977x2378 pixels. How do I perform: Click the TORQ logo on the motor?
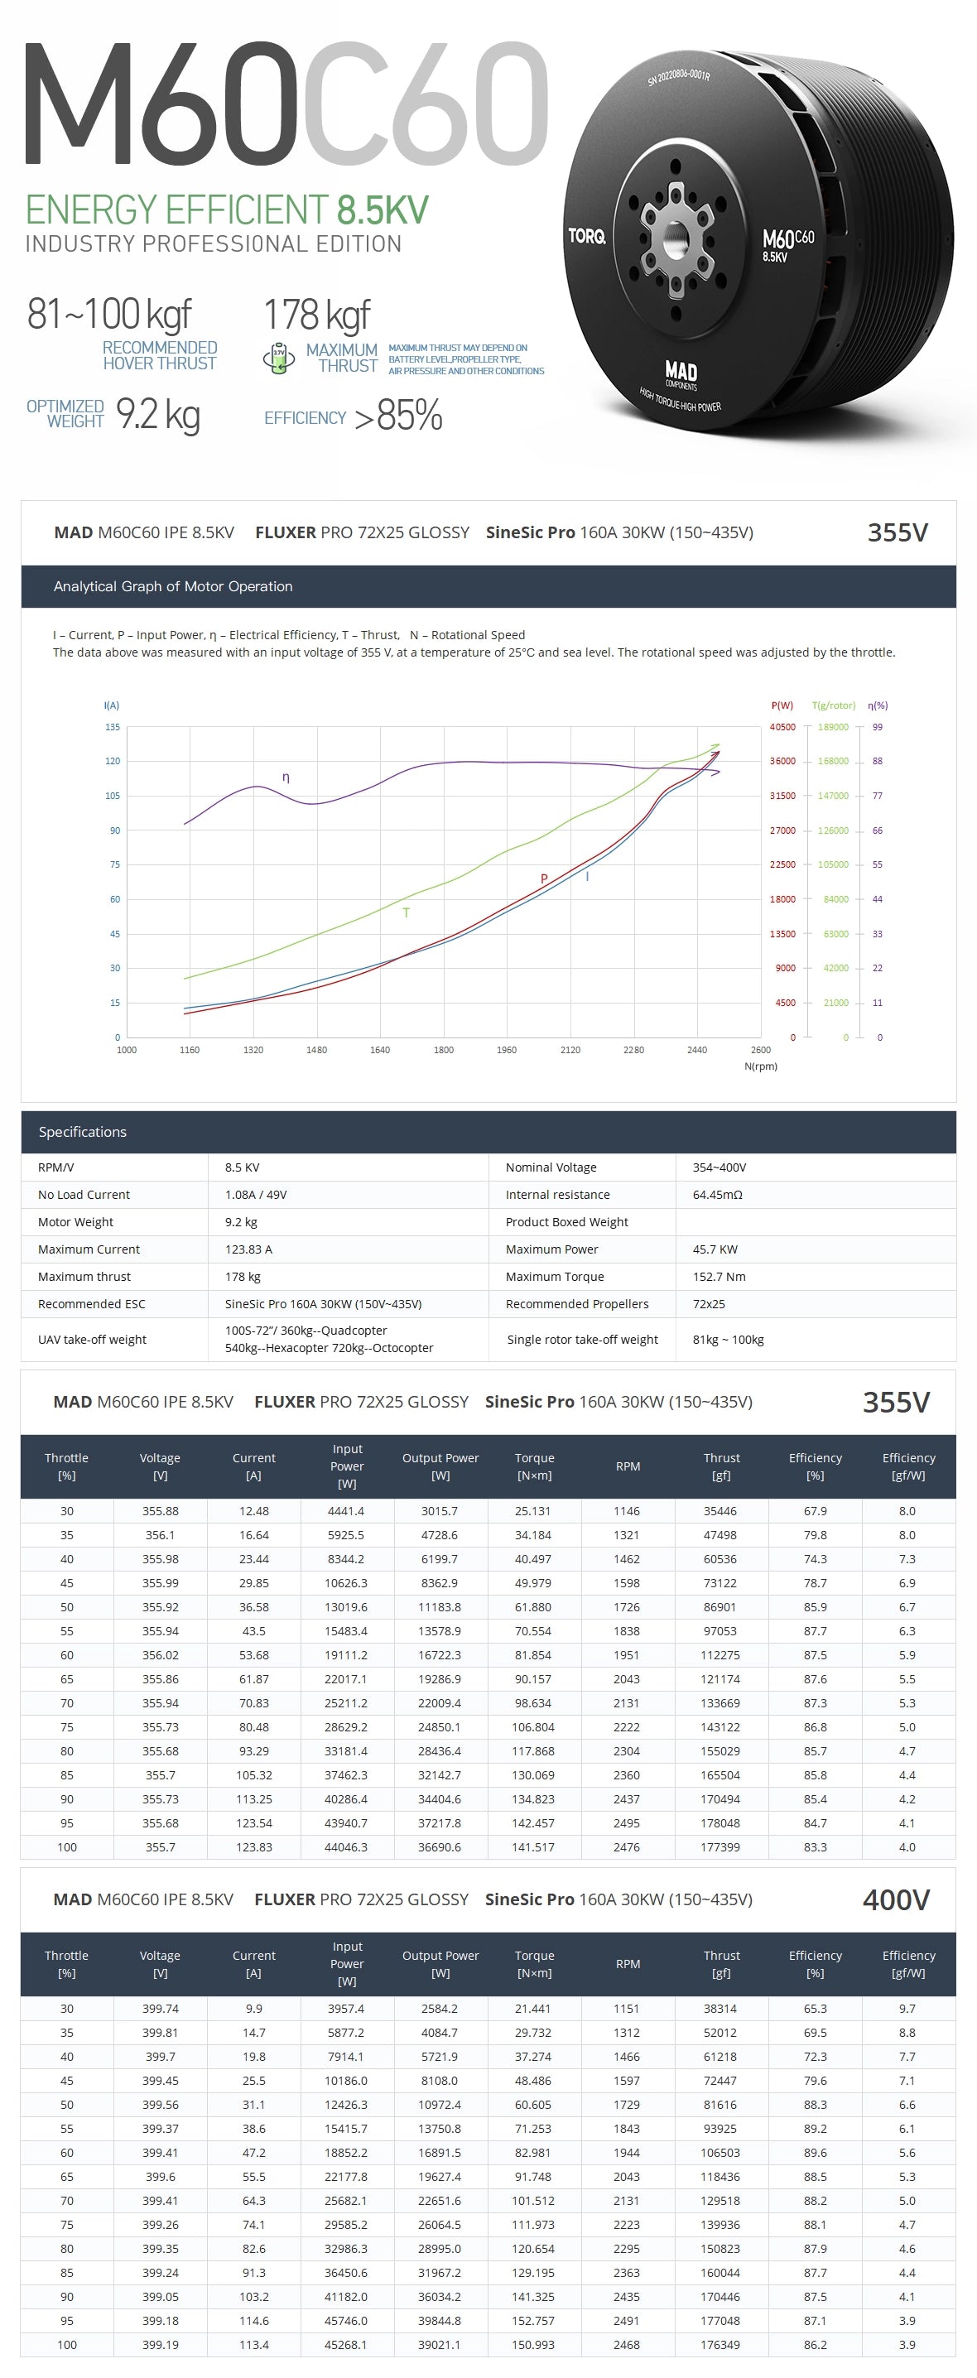(x=586, y=236)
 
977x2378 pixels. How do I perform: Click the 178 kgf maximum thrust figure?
(x=317, y=315)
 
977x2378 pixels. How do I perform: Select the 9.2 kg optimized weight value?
(x=158, y=415)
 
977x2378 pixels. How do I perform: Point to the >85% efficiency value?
(x=398, y=416)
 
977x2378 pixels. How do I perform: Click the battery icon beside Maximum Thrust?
(x=278, y=359)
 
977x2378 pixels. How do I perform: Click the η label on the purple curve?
(x=286, y=777)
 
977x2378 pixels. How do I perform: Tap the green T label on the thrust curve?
(x=406, y=912)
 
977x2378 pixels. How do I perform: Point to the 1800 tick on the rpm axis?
(x=443, y=1050)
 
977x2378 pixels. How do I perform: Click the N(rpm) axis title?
(x=760, y=1066)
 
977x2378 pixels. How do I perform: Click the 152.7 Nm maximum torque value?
(x=719, y=1277)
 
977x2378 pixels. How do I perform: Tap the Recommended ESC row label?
(x=90, y=1303)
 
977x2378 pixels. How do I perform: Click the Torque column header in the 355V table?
(x=535, y=1466)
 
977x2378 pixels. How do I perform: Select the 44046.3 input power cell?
(x=346, y=1847)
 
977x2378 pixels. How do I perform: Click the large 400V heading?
(x=895, y=1899)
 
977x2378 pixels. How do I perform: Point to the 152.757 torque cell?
(x=533, y=2320)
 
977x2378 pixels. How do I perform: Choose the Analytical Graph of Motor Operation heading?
(x=173, y=586)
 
